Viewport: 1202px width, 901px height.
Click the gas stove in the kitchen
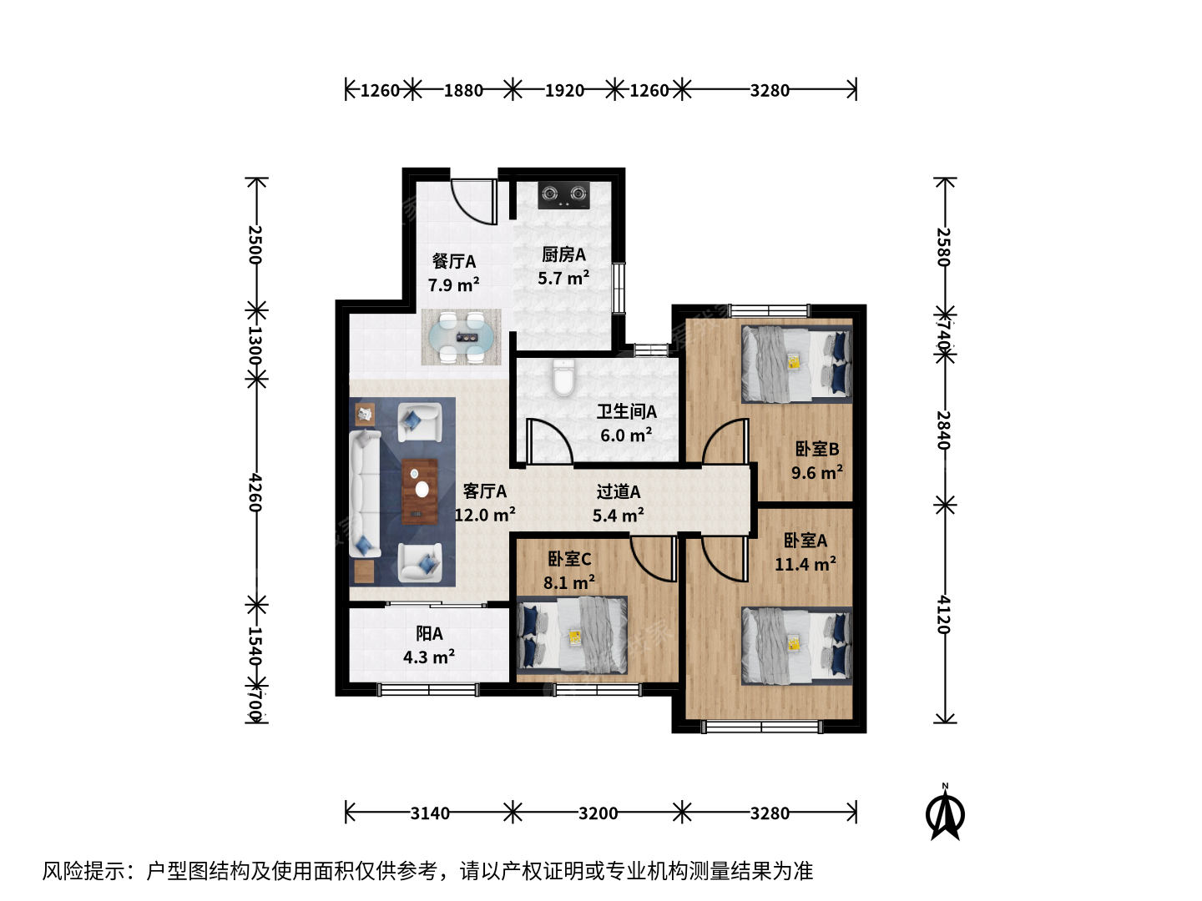tap(563, 194)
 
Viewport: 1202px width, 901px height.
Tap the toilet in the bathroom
tap(563, 377)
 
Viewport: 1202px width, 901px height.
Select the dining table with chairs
tap(461, 337)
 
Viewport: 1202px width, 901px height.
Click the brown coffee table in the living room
tap(420, 491)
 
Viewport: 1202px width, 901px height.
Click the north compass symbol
tap(945, 813)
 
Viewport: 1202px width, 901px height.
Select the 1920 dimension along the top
tap(564, 90)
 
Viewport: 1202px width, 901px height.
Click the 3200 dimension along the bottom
tap(598, 813)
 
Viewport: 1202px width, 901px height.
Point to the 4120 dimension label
tap(943, 614)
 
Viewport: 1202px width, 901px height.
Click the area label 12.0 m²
tap(485, 515)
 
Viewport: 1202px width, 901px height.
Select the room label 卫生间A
tap(627, 411)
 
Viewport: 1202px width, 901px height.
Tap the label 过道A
tap(619, 492)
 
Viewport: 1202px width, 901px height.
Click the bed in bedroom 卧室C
tap(573, 635)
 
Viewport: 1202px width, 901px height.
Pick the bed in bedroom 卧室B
tap(797, 364)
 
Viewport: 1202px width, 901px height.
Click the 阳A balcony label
tap(429, 633)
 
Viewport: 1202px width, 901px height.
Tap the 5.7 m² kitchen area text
tap(563, 278)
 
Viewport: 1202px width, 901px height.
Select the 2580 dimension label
tap(943, 247)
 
